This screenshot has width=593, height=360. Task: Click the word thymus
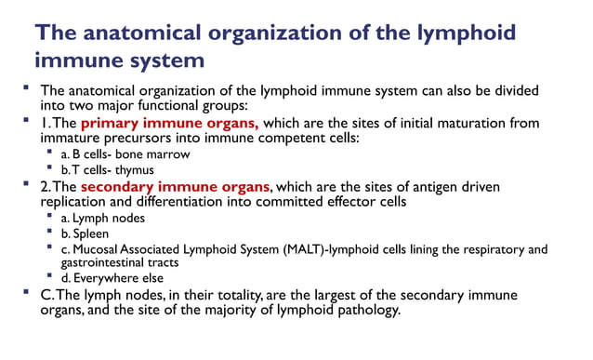pos(131,170)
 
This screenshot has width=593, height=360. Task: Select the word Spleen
pos(95,233)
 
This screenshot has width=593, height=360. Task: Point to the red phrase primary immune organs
pos(172,122)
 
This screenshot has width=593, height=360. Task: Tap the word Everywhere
pos(112,278)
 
